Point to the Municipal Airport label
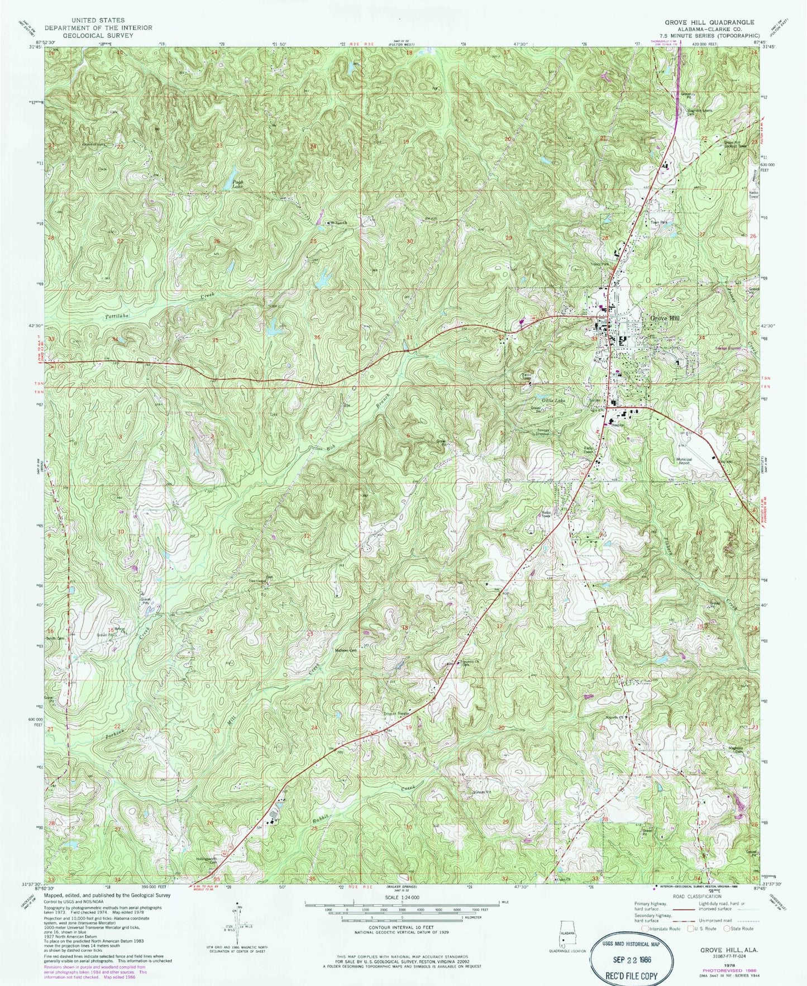684,461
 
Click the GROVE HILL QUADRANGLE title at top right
709,22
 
